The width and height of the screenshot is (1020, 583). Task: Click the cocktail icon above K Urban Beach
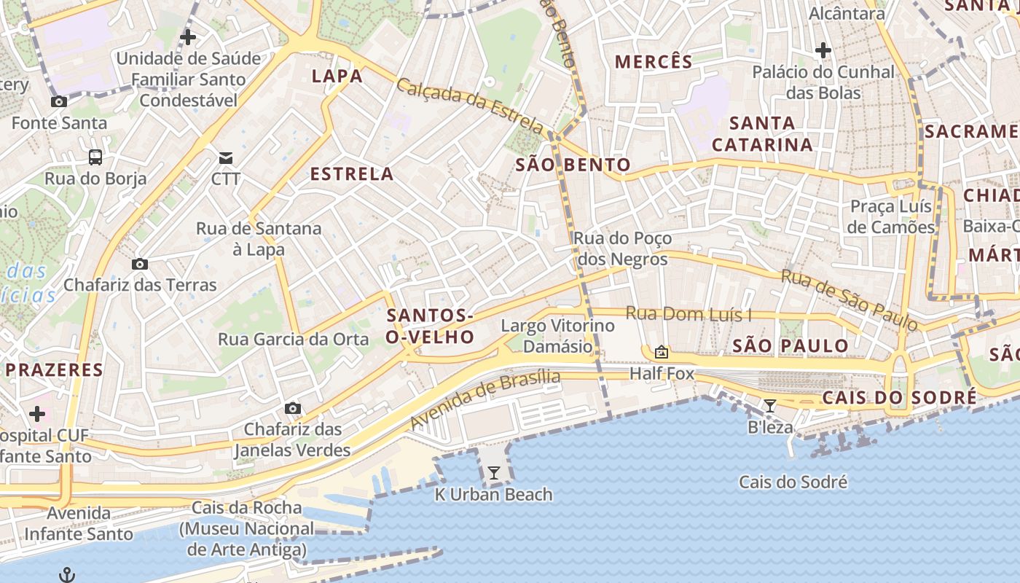(x=494, y=473)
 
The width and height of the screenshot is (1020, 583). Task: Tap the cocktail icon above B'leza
(x=770, y=406)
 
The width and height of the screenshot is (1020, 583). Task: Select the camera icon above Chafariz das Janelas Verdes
(x=292, y=408)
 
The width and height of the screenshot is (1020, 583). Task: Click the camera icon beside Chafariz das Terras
(x=140, y=264)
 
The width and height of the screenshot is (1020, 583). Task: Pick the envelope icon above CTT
(x=226, y=157)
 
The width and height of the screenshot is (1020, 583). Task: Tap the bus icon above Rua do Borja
(x=95, y=157)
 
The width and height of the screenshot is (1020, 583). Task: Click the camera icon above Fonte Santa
(x=59, y=102)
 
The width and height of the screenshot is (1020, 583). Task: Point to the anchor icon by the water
(x=66, y=575)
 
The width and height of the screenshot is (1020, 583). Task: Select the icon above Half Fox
(x=662, y=353)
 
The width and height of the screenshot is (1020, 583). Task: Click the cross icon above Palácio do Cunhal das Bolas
(x=823, y=50)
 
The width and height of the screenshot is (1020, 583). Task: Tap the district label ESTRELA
(x=352, y=174)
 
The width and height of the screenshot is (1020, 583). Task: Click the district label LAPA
(x=337, y=77)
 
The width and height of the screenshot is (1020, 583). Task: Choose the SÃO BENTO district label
(x=573, y=165)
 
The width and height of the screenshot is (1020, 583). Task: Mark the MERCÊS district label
(x=654, y=62)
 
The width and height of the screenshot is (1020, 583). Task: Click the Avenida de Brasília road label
(x=485, y=399)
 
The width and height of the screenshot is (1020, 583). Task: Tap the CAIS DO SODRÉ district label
(x=899, y=398)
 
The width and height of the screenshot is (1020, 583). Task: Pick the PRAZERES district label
(x=55, y=369)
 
